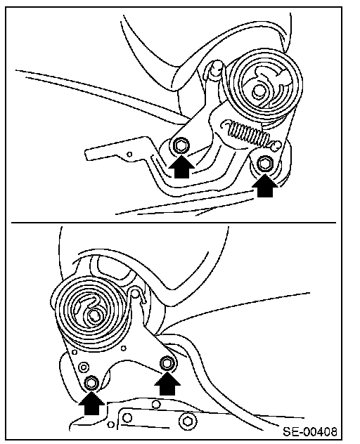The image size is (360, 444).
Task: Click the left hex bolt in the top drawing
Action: (x=180, y=146)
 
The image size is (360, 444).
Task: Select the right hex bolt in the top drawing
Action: (x=265, y=164)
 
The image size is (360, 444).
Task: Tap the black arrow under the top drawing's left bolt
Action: (x=181, y=166)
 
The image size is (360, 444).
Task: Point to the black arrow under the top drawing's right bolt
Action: (x=265, y=185)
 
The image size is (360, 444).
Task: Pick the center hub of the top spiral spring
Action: (x=258, y=91)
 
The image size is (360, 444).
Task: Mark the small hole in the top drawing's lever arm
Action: (x=129, y=155)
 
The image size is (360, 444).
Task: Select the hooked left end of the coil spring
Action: (x=227, y=124)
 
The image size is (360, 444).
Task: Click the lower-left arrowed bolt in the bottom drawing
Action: (x=91, y=383)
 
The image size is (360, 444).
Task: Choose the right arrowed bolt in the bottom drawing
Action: (x=167, y=363)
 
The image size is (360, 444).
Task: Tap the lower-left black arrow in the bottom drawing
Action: (x=91, y=403)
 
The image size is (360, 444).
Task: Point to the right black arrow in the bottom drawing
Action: (x=167, y=383)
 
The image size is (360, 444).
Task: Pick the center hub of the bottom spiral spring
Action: (x=94, y=315)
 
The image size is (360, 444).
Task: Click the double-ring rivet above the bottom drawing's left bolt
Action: (x=84, y=367)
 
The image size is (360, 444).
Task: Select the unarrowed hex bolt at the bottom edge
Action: (x=187, y=421)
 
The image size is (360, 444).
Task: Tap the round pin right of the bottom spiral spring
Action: (x=136, y=294)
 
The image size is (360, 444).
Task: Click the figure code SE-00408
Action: (x=310, y=432)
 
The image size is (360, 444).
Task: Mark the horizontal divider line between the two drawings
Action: (x=174, y=223)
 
